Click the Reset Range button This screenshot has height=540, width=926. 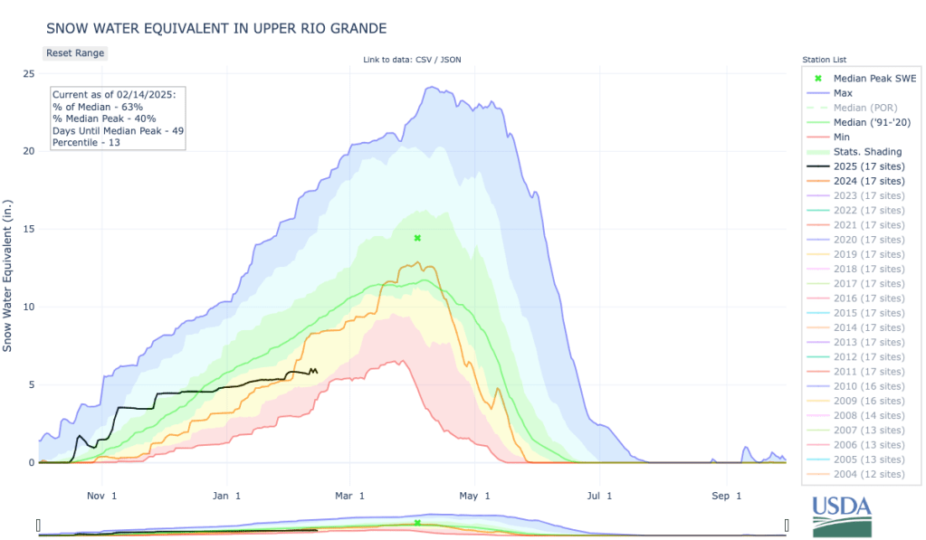point(75,52)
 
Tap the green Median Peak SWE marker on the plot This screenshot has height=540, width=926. point(417,238)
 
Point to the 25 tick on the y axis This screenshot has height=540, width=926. point(29,73)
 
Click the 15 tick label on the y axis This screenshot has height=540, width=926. point(29,229)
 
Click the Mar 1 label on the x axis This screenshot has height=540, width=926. point(349,496)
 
